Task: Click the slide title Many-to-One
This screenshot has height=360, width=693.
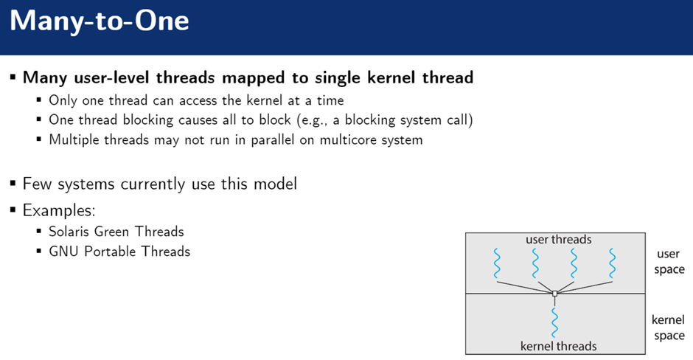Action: [x=100, y=21]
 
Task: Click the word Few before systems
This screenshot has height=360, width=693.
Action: [x=37, y=184]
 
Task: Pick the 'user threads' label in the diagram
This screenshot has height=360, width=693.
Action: [x=558, y=240]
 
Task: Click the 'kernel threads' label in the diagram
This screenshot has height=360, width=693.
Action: [x=558, y=346]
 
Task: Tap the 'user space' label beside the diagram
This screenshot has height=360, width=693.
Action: [x=669, y=262]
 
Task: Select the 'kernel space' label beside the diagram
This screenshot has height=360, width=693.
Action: [x=669, y=328]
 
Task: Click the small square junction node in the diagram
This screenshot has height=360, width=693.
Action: [x=554, y=294]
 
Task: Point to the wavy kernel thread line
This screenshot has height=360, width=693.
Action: [x=554, y=320]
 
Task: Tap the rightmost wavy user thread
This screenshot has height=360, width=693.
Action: [x=612, y=263]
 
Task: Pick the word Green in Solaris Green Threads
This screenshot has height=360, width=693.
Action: [x=120, y=231]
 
